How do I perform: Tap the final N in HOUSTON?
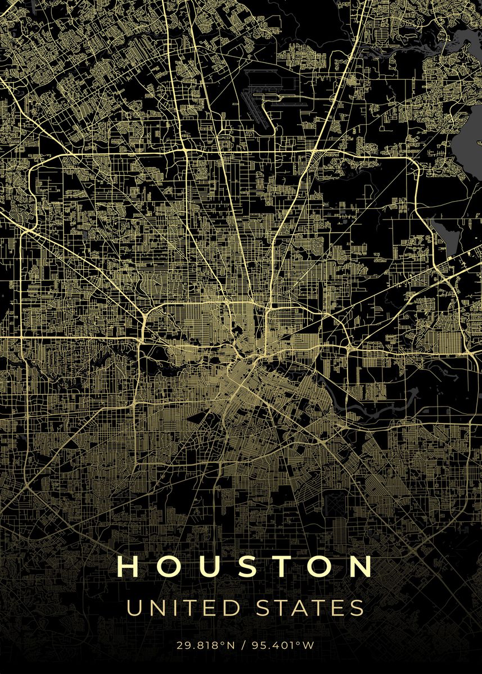point(359,567)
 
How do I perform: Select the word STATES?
point(305,608)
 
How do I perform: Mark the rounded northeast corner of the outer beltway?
point(413,163)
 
